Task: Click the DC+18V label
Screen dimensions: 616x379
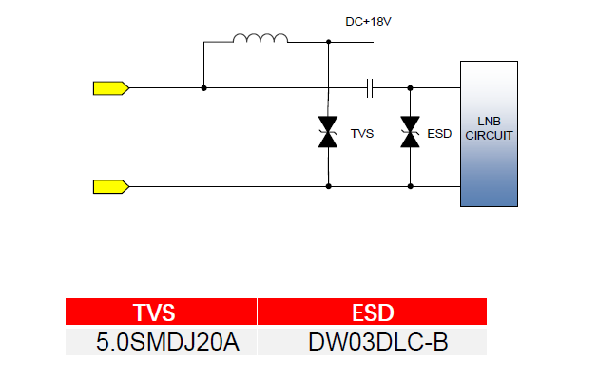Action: click(x=368, y=22)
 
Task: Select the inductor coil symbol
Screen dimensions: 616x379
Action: click(x=260, y=38)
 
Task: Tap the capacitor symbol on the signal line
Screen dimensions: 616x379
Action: click(x=369, y=88)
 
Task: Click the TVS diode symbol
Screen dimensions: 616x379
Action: click(x=328, y=132)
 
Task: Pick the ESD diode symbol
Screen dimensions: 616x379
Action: click(x=410, y=132)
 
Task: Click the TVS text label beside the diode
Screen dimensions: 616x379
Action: click(x=362, y=134)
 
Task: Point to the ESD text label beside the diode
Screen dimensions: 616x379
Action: click(x=439, y=134)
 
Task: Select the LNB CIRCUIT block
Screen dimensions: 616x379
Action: click(x=490, y=134)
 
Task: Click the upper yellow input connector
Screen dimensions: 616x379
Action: click(x=111, y=88)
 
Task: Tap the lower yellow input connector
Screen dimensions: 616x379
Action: click(x=111, y=186)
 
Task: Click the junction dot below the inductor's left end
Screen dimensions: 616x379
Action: click(x=203, y=88)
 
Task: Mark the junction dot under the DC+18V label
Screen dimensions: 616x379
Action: click(x=328, y=42)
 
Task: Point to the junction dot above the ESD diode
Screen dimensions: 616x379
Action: click(x=410, y=88)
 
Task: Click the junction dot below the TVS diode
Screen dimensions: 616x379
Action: click(x=328, y=186)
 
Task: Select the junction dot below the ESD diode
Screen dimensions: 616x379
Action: click(x=410, y=186)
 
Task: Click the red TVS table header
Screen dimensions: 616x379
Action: click(x=161, y=312)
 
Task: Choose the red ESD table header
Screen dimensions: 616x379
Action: click(x=372, y=312)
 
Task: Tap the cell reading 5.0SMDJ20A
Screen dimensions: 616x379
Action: click(x=161, y=342)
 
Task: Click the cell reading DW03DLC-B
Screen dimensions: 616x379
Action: click(x=372, y=342)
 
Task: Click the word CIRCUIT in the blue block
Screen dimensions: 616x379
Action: click(x=490, y=136)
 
